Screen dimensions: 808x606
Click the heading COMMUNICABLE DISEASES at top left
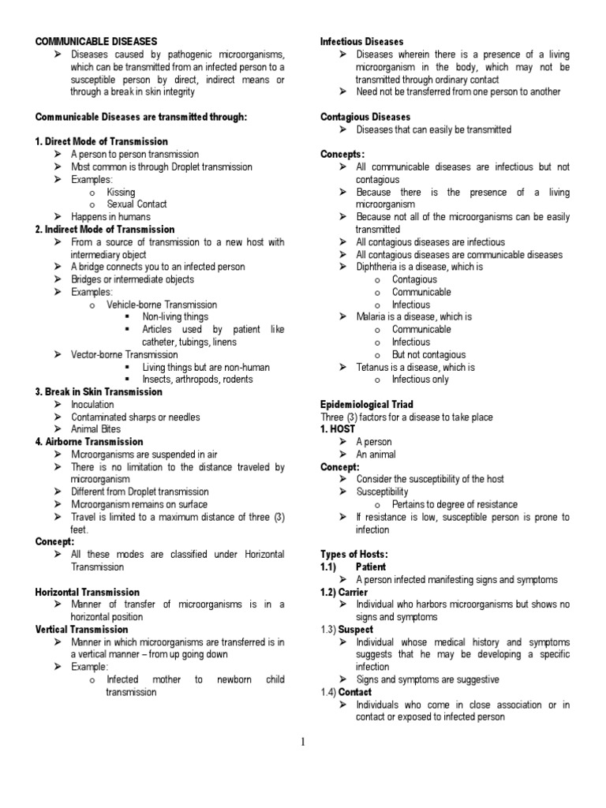(x=96, y=41)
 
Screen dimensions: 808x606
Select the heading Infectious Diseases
(x=361, y=41)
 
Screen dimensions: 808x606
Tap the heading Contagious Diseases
(x=365, y=117)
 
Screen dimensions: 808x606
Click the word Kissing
(x=121, y=192)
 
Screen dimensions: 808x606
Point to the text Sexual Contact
(x=137, y=204)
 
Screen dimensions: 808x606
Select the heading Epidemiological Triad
(x=366, y=405)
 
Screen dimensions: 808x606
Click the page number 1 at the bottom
(x=302, y=742)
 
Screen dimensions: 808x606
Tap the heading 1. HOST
(x=339, y=429)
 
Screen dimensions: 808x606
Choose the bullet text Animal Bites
(x=96, y=429)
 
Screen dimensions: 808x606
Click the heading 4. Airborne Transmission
(x=89, y=442)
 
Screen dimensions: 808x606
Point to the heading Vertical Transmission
(x=81, y=630)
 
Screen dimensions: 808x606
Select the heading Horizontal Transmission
(x=87, y=592)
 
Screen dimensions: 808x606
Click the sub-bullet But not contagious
(x=428, y=355)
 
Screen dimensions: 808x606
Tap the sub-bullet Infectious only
(x=420, y=380)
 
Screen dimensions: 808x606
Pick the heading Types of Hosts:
(x=354, y=554)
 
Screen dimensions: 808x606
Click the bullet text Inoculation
(x=92, y=405)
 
